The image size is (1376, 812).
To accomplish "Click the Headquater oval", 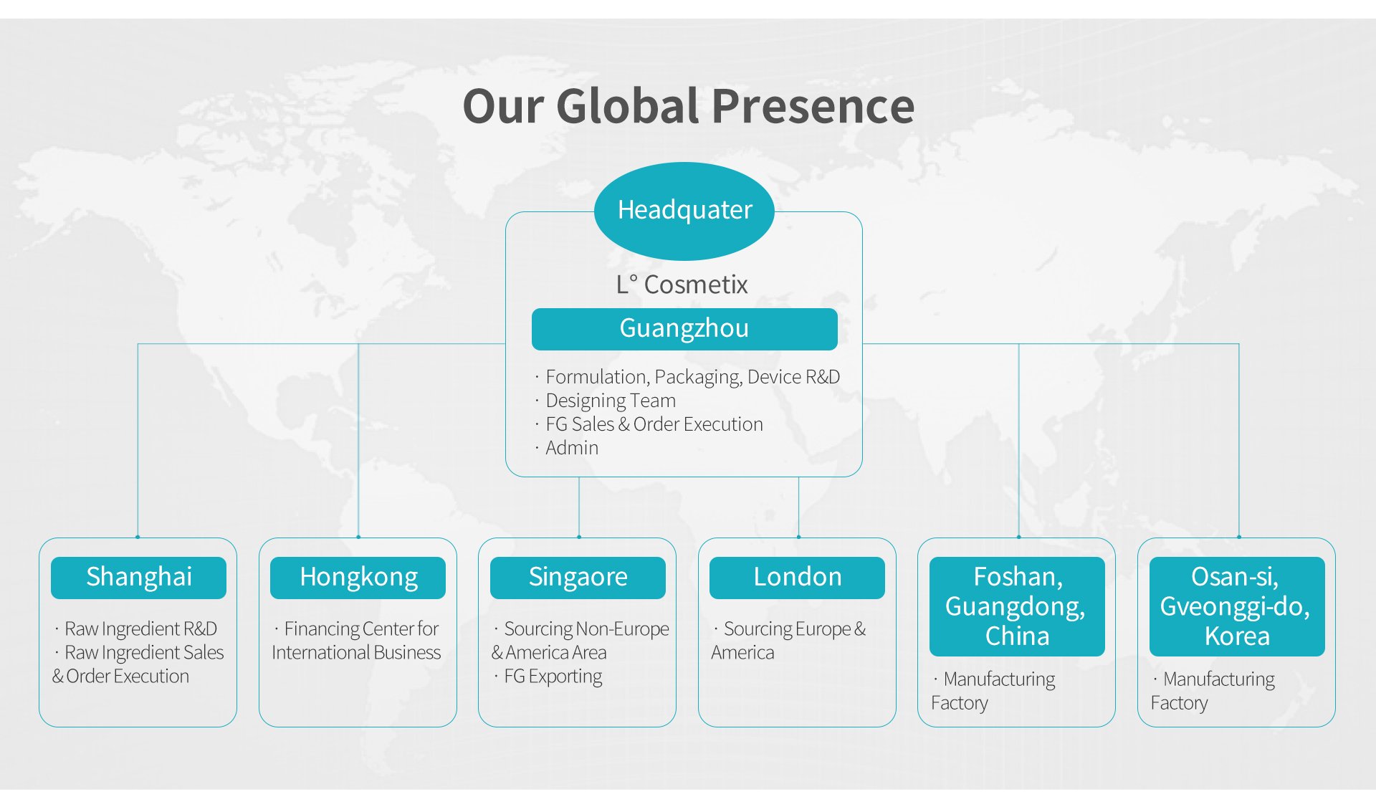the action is coord(684,211).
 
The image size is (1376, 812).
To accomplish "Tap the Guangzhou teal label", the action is coord(684,329).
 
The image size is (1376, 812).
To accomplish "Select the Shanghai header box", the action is coord(138,578).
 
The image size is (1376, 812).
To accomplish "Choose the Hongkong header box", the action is coord(358,578).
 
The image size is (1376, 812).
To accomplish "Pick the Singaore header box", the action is coord(578,578).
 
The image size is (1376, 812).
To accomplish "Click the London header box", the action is coord(797,578).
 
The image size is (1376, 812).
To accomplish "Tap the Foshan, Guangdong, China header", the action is coord(1017,606).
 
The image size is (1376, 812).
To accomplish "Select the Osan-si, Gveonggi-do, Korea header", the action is coord(1237,606).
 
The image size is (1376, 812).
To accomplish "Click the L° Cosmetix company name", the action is coord(682,285).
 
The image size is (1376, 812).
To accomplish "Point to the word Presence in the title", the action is coord(813,106).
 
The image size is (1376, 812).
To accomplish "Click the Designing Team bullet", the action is coord(605,401).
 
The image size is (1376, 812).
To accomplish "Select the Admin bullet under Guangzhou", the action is coord(566,448).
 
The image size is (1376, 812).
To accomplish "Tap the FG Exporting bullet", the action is coord(548,677).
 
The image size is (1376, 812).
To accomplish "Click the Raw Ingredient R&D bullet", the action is coord(135,629).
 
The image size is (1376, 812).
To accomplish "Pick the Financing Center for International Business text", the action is coord(356,641).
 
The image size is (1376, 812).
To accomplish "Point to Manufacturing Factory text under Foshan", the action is coord(993,691).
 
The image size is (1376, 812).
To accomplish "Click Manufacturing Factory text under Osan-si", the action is coord(1213,691).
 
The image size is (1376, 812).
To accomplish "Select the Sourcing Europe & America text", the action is coord(788,641).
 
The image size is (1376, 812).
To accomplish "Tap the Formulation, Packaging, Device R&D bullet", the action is coord(687,377).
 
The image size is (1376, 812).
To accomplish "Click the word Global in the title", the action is coord(627,106).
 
